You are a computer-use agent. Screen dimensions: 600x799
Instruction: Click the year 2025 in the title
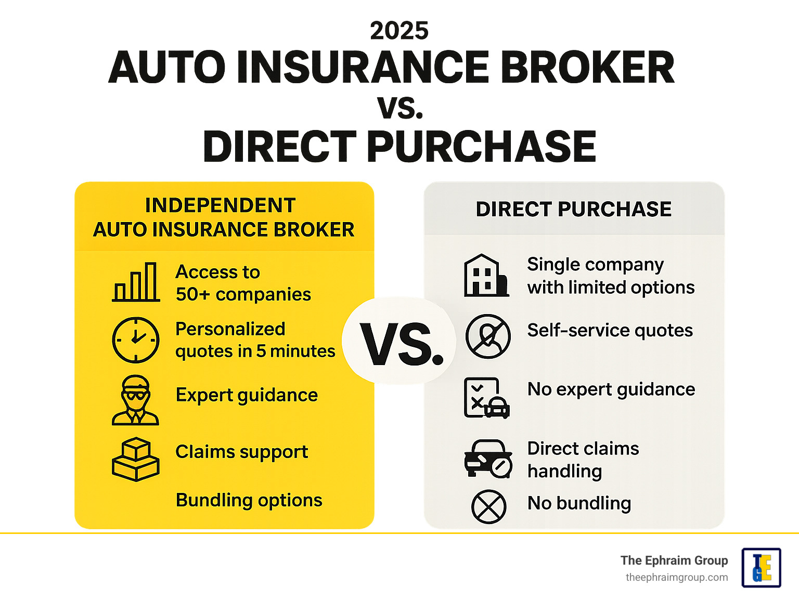[399, 31]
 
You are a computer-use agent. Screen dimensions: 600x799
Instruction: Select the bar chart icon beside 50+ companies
[136, 282]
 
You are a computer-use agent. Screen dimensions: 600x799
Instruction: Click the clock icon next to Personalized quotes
[136, 340]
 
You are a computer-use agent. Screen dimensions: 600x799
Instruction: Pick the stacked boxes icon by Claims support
[135, 459]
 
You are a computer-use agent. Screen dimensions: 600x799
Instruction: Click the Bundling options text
[249, 500]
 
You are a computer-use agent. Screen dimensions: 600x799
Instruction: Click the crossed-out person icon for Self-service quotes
[487, 336]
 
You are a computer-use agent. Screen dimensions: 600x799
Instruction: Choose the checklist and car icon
[486, 398]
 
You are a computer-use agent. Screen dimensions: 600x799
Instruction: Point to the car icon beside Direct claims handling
[488, 459]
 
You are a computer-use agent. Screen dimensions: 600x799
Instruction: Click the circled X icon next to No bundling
[488, 506]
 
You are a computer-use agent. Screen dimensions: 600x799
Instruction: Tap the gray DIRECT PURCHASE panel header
[573, 210]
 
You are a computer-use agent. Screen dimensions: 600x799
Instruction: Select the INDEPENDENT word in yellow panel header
[220, 205]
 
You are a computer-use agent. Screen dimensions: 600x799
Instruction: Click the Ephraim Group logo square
[761, 568]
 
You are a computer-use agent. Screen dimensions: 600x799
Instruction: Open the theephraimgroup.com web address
[676, 578]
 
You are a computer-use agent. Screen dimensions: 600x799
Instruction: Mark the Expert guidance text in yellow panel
[247, 395]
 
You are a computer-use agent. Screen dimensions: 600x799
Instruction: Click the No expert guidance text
[611, 389]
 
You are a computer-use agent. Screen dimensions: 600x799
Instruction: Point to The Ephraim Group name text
[674, 560]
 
